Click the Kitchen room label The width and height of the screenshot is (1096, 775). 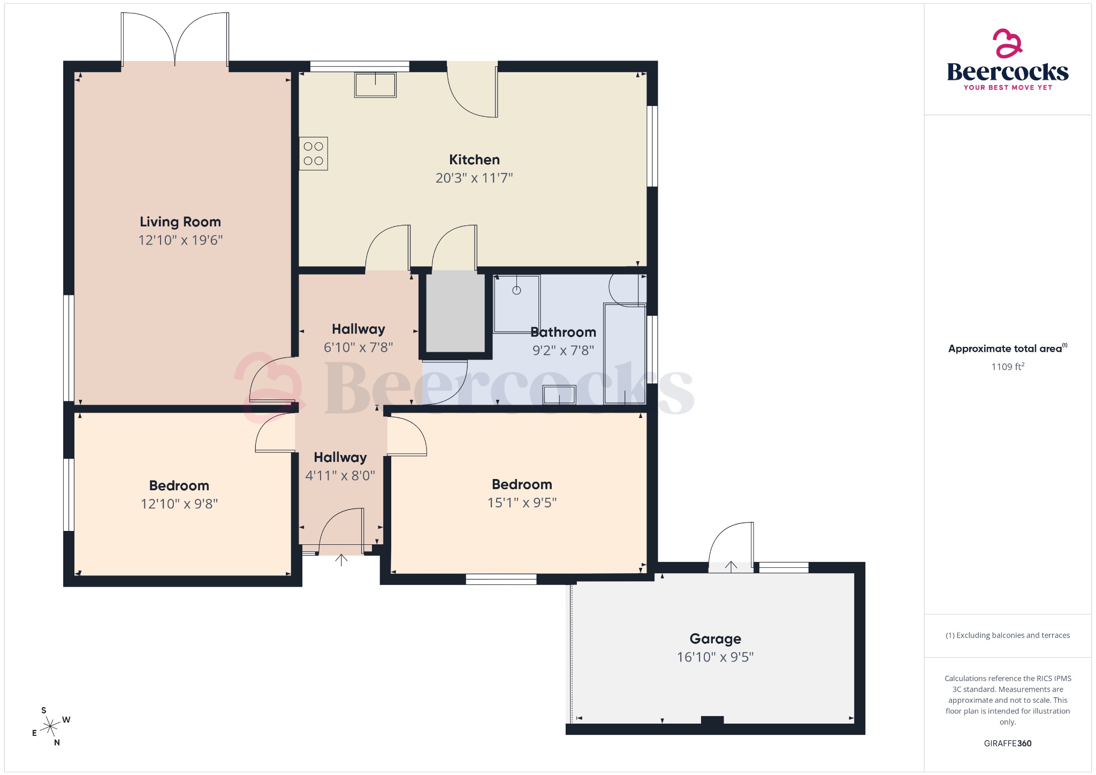click(474, 159)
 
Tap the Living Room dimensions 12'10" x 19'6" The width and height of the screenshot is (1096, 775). click(180, 240)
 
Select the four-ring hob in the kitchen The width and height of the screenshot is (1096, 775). click(314, 154)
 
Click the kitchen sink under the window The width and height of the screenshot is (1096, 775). click(375, 85)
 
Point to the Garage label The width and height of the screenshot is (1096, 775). click(715, 639)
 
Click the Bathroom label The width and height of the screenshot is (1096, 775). click(563, 332)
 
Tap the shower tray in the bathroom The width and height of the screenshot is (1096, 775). click(516, 303)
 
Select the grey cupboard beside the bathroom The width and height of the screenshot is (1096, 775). click(455, 311)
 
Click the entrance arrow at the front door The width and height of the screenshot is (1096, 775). click(341, 560)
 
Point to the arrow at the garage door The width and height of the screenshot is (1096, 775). click(731, 566)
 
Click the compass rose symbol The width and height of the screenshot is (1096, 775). click(50, 727)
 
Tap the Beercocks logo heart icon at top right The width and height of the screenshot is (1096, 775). click(1007, 43)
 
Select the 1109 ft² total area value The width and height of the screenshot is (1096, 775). click(1007, 367)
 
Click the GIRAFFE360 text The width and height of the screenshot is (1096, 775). click(1007, 743)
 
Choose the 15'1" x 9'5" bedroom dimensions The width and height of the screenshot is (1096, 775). click(522, 503)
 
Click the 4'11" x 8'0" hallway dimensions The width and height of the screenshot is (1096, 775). click(340, 475)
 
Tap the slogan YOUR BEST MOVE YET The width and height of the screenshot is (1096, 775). click(1008, 87)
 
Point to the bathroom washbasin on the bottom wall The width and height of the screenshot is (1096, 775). click(559, 395)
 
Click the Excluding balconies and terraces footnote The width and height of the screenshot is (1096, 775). click(1008, 635)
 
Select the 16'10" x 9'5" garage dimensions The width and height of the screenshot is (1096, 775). click(715, 657)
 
